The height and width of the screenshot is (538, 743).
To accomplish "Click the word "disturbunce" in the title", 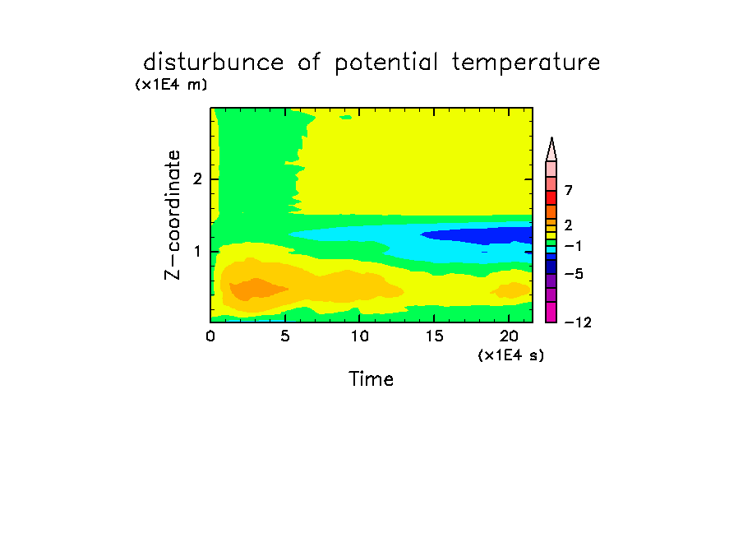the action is pyautogui.click(x=213, y=63).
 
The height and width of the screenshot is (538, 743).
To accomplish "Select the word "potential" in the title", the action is pyautogui.click(x=385, y=63).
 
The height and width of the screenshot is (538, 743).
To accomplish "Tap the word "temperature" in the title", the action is pyautogui.click(x=526, y=63).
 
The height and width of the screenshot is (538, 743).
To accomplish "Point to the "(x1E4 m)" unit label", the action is pyautogui.click(x=171, y=85).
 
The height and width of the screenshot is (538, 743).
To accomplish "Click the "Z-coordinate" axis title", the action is pyautogui.click(x=173, y=215).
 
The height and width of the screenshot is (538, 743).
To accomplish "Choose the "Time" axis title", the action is pyautogui.click(x=371, y=379).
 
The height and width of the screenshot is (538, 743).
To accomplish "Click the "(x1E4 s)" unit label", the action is pyautogui.click(x=511, y=355).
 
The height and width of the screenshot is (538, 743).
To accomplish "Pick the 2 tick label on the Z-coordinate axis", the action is pyautogui.click(x=197, y=179).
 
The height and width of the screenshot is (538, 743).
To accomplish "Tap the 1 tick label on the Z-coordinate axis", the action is pyautogui.click(x=197, y=252).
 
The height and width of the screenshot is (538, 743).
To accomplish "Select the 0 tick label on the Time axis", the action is pyautogui.click(x=210, y=336).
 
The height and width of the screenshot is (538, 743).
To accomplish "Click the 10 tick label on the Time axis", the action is pyautogui.click(x=360, y=336).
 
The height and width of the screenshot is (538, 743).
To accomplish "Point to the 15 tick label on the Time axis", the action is pyautogui.click(x=434, y=336).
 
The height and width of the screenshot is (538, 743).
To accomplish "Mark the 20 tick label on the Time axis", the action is pyautogui.click(x=509, y=336).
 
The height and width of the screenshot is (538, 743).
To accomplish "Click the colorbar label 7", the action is pyautogui.click(x=569, y=190).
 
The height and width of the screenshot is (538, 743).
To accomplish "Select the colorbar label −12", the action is pyautogui.click(x=578, y=322).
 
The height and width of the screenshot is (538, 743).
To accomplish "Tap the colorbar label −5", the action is pyautogui.click(x=574, y=274).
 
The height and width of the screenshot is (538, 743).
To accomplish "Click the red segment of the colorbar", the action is pyautogui.click(x=551, y=197).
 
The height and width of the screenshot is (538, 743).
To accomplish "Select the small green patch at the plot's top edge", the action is pyautogui.click(x=346, y=117).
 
